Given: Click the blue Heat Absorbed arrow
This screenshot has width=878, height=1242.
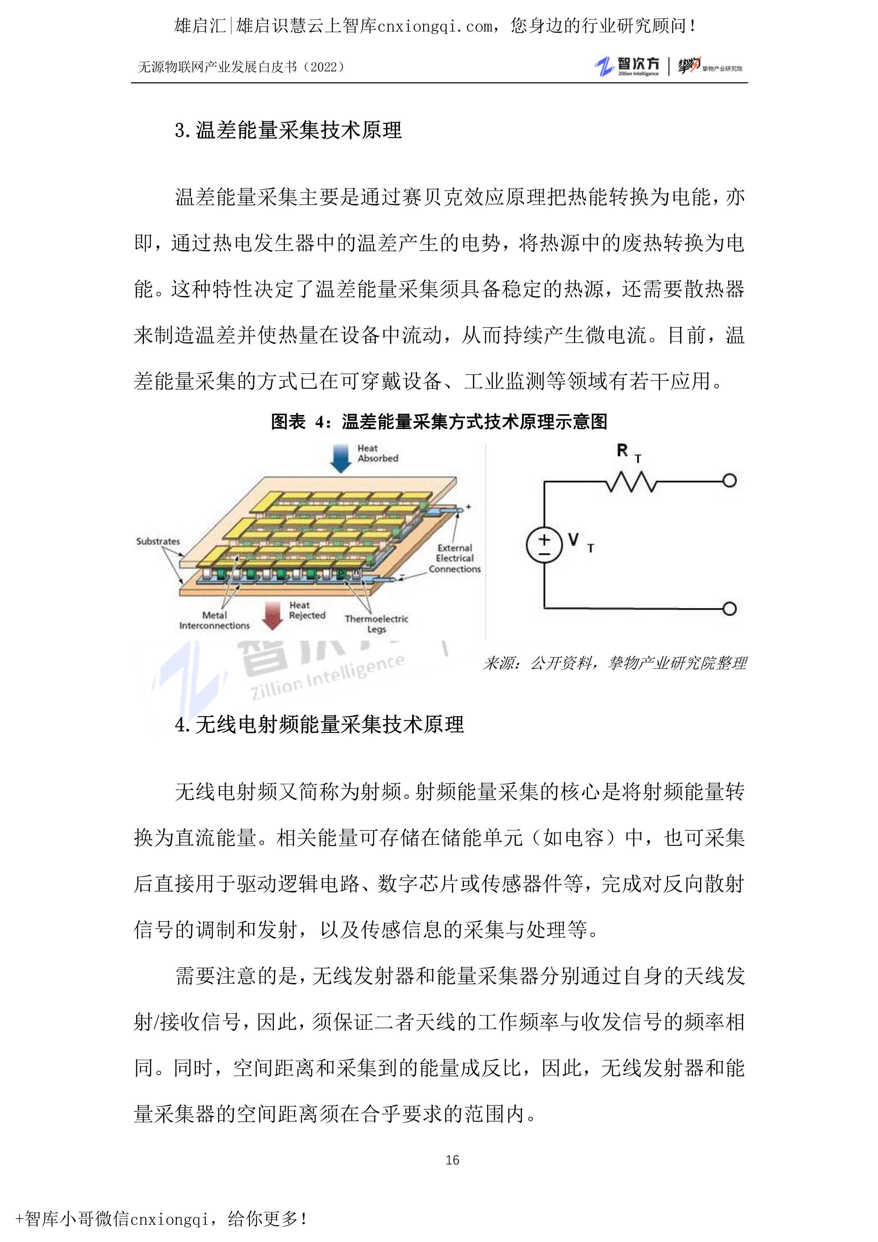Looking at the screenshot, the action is tap(341, 458).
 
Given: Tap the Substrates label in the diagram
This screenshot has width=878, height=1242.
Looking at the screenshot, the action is tap(158, 541).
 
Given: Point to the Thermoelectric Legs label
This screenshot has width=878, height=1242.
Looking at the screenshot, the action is tap(376, 624).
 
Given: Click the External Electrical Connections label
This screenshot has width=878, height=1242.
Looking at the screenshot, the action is tap(455, 558).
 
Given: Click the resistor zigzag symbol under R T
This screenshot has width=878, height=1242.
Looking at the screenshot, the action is tap(631, 481).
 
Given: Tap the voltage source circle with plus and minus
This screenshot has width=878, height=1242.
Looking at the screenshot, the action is tap(544, 545).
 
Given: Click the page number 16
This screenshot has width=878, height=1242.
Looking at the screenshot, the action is tap(452, 1160).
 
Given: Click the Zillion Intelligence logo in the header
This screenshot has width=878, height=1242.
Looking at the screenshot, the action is tap(627, 66).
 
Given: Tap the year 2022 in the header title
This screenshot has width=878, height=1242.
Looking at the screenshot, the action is tap(324, 67).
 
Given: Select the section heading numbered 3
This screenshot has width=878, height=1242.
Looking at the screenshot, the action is tap(288, 130).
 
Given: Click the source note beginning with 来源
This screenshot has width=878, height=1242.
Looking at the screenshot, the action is tap(615, 663).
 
